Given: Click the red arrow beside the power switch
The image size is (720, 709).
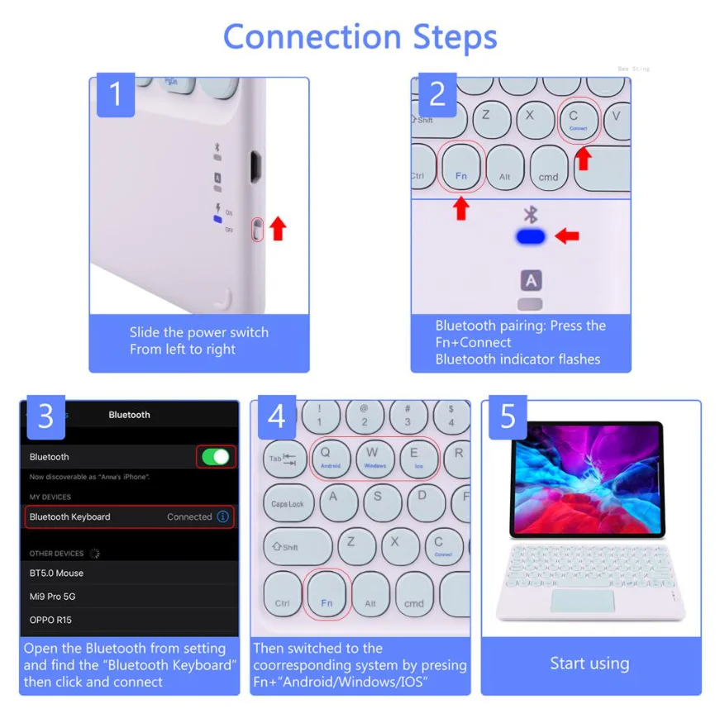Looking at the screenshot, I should click(x=278, y=229).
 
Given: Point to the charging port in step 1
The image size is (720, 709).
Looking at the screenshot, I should click(x=258, y=168).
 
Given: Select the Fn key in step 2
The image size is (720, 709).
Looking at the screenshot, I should click(x=461, y=169).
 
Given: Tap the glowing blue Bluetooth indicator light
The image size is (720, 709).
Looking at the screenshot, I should click(x=531, y=237).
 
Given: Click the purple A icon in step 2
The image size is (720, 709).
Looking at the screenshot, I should click(x=531, y=280).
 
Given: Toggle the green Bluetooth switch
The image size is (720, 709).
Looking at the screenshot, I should click(x=216, y=457).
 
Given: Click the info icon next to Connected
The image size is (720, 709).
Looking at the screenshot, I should click(x=222, y=517).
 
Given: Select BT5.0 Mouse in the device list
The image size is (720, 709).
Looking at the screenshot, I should click(x=57, y=573).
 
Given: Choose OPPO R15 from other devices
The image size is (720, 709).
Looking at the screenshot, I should click(x=52, y=620).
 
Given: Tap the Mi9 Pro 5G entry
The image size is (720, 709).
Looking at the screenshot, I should click(x=53, y=597).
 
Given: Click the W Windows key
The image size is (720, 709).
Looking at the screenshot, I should click(x=374, y=458).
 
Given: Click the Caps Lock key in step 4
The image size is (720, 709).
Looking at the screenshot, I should click(x=288, y=503).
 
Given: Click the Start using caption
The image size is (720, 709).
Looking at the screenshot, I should click(x=589, y=664).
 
